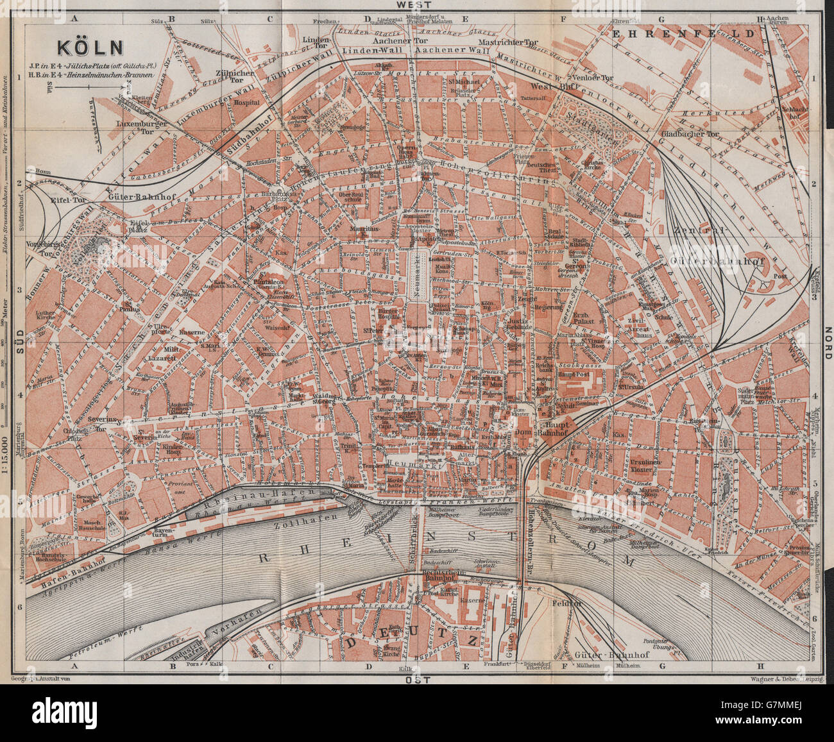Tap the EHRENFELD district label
coord(674,31)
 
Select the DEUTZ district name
coord(411,642)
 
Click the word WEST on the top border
coord(414,4)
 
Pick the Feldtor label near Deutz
coord(562,603)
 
